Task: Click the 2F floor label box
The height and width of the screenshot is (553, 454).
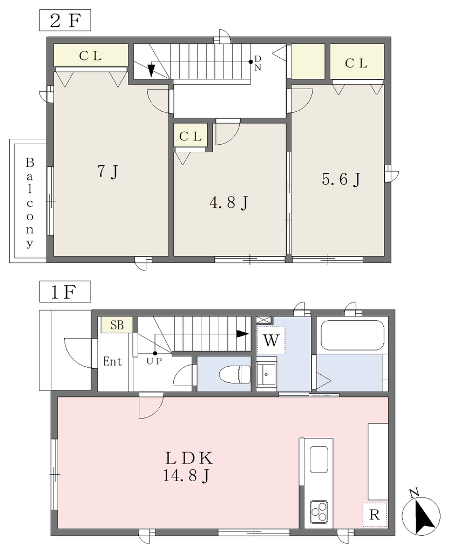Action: tap(65, 21)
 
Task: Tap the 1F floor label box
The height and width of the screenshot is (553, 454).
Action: tap(65, 292)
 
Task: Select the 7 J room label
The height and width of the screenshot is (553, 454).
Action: tap(107, 172)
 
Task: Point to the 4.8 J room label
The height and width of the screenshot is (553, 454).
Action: tap(229, 203)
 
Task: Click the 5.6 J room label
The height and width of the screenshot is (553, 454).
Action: tap(341, 179)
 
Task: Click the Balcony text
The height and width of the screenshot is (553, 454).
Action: tap(30, 203)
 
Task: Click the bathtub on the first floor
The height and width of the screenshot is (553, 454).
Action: tap(351, 335)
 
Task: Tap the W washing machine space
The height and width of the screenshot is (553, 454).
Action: tap(270, 340)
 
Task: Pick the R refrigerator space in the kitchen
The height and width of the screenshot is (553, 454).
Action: tap(375, 515)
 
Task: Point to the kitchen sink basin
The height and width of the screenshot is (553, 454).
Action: tap(319, 459)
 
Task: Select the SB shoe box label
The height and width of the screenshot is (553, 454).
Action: tap(117, 325)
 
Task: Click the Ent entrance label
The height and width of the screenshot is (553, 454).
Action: tap(112, 361)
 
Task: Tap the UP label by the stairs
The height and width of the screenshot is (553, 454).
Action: tap(154, 361)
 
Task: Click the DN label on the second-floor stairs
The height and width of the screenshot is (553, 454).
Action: tap(258, 63)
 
